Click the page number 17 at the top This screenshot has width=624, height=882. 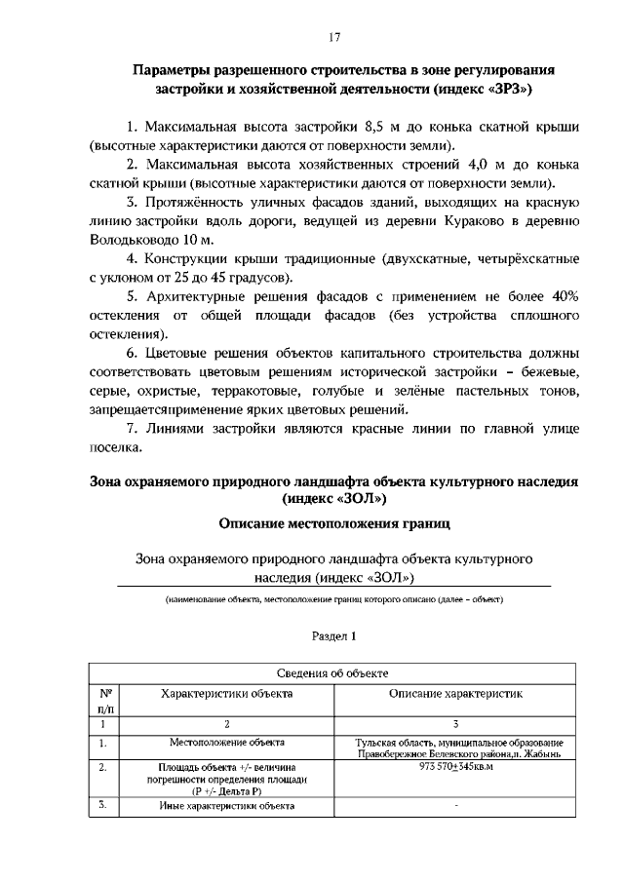[x=333, y=38]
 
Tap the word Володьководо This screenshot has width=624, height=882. [x=134, y=239]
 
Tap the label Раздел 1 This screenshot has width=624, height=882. [x=333, y=635]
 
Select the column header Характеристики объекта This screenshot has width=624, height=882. [x=226, y=694]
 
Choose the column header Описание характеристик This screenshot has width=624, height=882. [x=456, y=694]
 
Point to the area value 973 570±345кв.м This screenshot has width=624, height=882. [x=456, y=768]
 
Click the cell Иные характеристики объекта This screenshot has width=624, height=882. [x=226, y=807]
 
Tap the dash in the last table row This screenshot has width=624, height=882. [x=456, y=807]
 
